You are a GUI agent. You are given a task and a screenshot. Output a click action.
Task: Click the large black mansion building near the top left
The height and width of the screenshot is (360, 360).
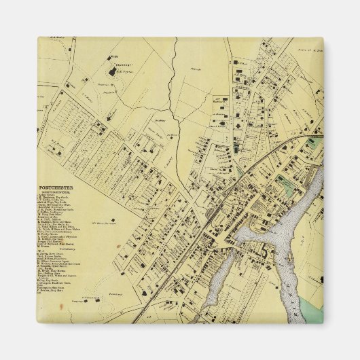(111, 70)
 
